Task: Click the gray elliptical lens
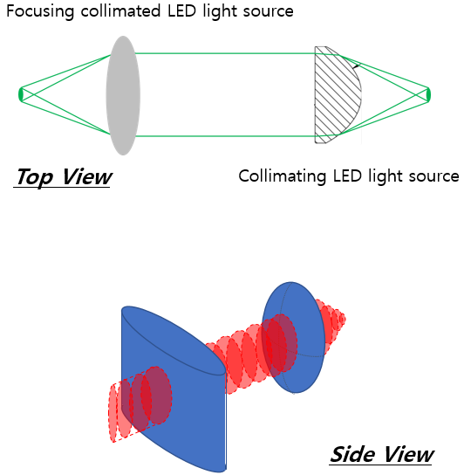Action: pos(123,95)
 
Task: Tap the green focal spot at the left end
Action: pos(21,94)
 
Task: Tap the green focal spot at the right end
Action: pos(428,95)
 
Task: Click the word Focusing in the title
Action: pos(40,12)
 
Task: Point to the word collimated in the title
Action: pos(120,11)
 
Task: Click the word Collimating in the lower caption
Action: pos(282,176)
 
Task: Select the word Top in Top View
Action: pos(35,177)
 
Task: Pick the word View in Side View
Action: pos(408,455)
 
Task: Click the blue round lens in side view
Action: pos(293,337)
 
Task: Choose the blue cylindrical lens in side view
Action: pos(174,389)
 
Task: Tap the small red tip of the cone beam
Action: pos(343,319)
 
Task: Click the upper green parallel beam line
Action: pos(225,53)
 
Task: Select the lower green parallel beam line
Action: pos(225,136)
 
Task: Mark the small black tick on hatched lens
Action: pos(357,65)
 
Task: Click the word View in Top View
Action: pos(86,176)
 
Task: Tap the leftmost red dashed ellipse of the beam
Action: pos(113,413)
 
